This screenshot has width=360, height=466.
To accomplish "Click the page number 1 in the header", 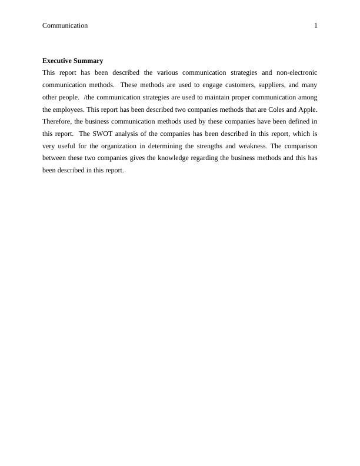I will point(315,25).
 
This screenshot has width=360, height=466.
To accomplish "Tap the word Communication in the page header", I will point(65,25).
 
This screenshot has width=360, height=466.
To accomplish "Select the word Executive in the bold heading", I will point(57,61).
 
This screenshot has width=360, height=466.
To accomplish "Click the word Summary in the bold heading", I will point(89,61).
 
